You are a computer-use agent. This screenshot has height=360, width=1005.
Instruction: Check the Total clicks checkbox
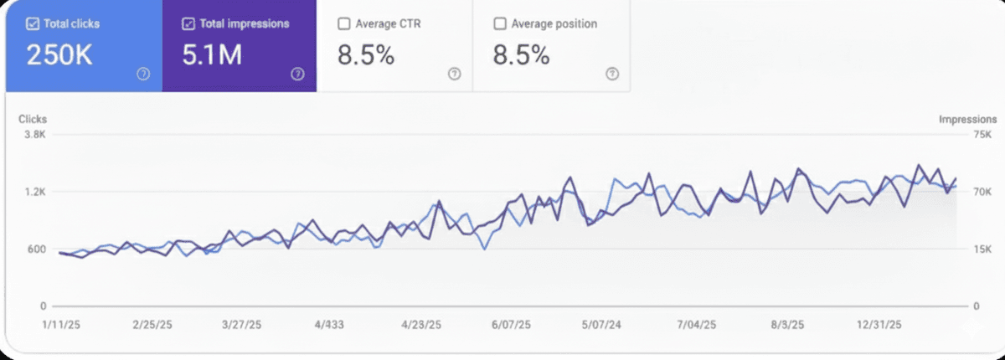coord(33,24)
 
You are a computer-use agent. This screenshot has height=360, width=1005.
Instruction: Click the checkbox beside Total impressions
coord(188,24)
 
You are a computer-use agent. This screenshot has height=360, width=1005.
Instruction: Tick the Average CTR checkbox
coord(343,24)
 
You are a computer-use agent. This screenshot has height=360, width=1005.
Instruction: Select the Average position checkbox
coord(500,24)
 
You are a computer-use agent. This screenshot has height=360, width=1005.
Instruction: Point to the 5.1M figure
coord(212,55)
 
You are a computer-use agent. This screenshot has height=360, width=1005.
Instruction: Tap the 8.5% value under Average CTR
coord(366,55)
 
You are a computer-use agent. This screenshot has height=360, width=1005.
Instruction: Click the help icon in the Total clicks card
coord(143,74)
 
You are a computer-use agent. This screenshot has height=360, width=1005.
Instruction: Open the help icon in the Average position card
coord(611,74)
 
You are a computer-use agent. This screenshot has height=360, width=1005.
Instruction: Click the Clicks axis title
coord(33,120)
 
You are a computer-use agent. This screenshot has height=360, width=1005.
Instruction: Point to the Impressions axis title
coord(967,120)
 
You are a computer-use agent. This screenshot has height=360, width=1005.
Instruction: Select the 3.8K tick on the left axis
coord(34,135)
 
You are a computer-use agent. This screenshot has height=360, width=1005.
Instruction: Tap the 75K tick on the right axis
coord(982,135)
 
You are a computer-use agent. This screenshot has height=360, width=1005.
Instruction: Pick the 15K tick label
coord(982,249)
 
